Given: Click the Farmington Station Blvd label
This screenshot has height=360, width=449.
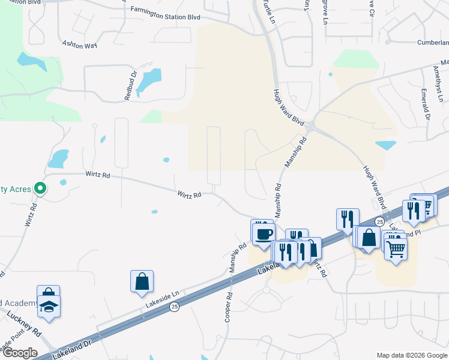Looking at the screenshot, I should pyautogui.click(x=165, y=13).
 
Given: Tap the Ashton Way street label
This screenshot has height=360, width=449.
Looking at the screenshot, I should pyautogui.click(x=80, y=44).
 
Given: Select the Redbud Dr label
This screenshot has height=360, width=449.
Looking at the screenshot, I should pyautogui.click(x=130, y=86).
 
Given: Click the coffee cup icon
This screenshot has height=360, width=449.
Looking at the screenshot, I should pyautogui.click(x=262, y=233).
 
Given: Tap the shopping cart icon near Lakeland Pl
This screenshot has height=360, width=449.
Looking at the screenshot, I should pyautogui.click(x=396, y=248).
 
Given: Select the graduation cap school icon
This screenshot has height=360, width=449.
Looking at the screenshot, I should pyautogui.click(x=49, y=306).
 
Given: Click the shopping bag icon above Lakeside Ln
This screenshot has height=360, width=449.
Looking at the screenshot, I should pyautogui.click(x=142, y=281).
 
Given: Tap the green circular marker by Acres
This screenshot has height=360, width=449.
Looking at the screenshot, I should pyautogui.click(x=40, y=189).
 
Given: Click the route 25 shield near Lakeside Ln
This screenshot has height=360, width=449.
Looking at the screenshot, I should pyautogui.click(x=174, y=307).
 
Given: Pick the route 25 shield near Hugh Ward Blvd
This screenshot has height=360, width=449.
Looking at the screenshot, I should pyautogui.click(x=379, y=222).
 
